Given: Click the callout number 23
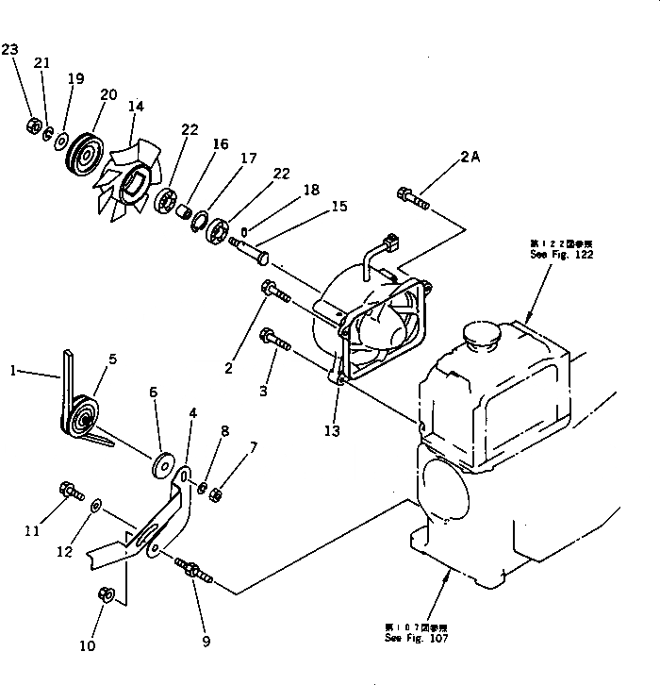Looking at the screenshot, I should [x=10, y=49].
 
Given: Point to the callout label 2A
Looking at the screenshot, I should [x=470, y=159].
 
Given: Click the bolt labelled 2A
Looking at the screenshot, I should [x=414, y=198].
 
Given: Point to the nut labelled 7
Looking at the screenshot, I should [x=216, y=492].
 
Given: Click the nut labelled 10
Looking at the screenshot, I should [x=107, y=594].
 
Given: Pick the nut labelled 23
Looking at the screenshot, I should [x=31, y=124].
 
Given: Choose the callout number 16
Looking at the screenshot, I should [x=220, y=144].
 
